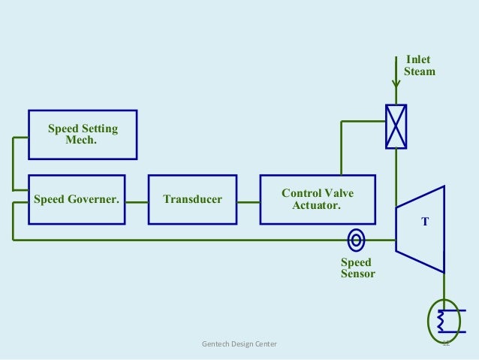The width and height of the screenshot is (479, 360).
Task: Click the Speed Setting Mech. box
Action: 83,135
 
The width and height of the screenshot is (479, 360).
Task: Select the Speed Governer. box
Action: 77,199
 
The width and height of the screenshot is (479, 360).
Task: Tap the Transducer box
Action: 192,199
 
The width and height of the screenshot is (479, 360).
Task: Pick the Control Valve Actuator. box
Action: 317,199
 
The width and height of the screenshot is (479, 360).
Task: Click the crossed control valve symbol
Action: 395,126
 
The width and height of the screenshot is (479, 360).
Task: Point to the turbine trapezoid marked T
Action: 420,229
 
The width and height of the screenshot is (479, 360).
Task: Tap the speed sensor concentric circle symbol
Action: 357,241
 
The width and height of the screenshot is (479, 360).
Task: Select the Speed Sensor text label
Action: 357,268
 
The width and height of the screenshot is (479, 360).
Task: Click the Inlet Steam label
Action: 419,66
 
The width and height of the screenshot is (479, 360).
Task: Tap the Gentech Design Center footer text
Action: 239,344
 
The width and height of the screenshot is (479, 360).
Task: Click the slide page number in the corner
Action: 445,344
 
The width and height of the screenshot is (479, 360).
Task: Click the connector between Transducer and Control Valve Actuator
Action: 249,200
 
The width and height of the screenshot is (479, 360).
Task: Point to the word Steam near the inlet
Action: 420,72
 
